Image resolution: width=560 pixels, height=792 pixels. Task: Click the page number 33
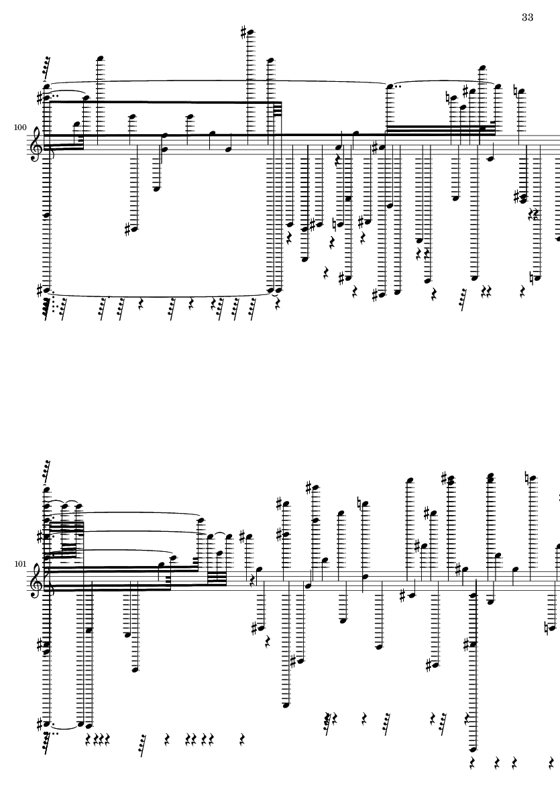coord(527,17)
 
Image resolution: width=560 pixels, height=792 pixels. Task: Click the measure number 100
coord(19,127)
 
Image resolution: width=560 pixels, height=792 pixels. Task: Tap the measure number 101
coord(19,563)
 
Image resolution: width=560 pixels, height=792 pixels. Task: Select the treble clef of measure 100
coord(36,145)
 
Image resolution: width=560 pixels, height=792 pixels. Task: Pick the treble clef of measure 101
coord(36,581)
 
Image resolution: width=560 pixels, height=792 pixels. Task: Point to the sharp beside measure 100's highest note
coord(244,33)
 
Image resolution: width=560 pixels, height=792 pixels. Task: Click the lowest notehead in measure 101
coord(473,749)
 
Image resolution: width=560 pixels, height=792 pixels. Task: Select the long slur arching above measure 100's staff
coord(217,81)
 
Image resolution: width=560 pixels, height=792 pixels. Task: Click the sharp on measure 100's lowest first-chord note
coord(40,290)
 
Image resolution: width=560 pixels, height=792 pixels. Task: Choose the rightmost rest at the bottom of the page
coord(551,762)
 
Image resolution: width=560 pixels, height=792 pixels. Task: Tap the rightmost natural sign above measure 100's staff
coord(516,91)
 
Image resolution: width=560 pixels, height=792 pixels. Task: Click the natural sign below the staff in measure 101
coord(547,628)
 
